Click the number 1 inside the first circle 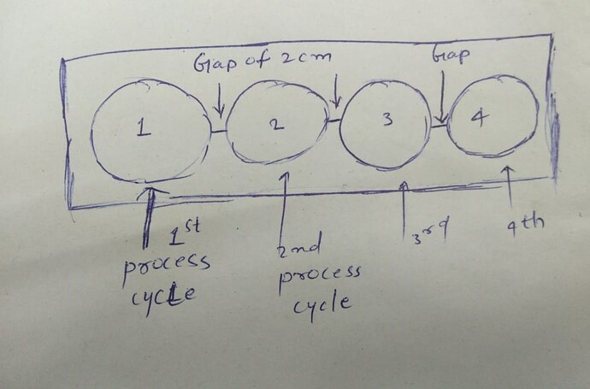click(144, 130)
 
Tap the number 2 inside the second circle click(274, 125)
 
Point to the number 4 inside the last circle click(476, 118)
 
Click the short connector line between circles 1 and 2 click(220, 131)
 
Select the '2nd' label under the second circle click(300, 249)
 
